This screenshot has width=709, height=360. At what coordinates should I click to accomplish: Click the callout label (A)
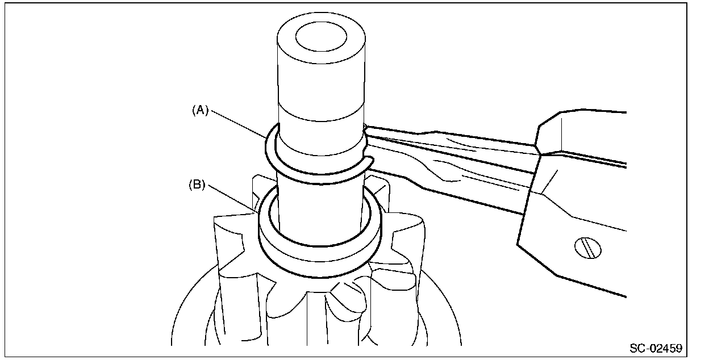pos(199,111)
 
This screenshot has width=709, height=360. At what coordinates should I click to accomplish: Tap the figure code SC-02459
pos(656,348)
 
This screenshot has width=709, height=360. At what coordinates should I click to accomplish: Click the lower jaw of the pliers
pos(449,182)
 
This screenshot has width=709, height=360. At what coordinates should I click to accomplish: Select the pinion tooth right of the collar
pos(398,244)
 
